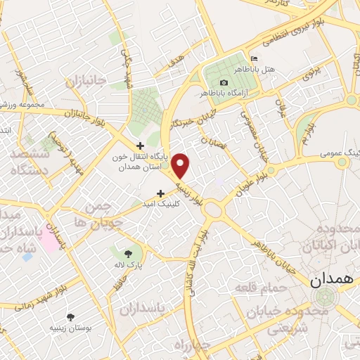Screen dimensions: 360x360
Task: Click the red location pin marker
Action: coord(181,165)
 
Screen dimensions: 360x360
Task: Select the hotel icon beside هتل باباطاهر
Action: coord(255,58)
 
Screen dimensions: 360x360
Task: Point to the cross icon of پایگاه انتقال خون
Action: coord(140,146)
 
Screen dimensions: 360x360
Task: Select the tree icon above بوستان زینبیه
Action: coord(69,317)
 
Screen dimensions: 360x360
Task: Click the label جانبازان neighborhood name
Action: coord(86,82)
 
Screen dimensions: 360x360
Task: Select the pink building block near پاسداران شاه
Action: coord(49,240)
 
